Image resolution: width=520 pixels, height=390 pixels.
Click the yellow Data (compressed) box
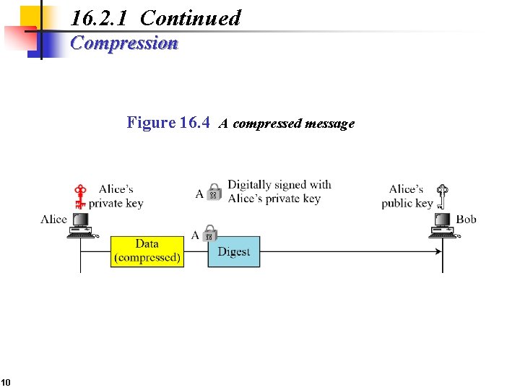point(147,251)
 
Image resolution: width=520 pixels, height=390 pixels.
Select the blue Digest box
point(233,251)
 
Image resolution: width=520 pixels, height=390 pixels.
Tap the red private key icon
point(81,196)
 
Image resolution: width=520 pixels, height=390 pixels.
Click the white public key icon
point(442,196)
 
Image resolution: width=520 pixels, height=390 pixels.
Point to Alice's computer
point(81,225)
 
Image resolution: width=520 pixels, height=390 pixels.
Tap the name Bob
point(466,219)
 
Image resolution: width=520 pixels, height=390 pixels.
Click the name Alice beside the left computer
point(54,219)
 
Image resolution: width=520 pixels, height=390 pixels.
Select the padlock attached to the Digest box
point(209,233)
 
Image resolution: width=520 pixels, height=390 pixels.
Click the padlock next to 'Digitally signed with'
point(214,191)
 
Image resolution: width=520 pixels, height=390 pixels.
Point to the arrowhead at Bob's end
point(438,251)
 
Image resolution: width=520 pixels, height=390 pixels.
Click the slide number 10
point(5,382)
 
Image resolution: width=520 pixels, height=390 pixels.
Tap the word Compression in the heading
point(124,43)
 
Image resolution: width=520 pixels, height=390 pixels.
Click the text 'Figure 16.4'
point(168,123)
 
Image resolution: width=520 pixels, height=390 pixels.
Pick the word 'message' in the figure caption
point(329,123)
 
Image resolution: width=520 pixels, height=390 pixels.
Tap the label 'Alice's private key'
point(116,196)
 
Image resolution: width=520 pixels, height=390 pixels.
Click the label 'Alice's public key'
point(407,196)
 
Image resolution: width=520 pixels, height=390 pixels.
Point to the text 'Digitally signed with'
point(279,185)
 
